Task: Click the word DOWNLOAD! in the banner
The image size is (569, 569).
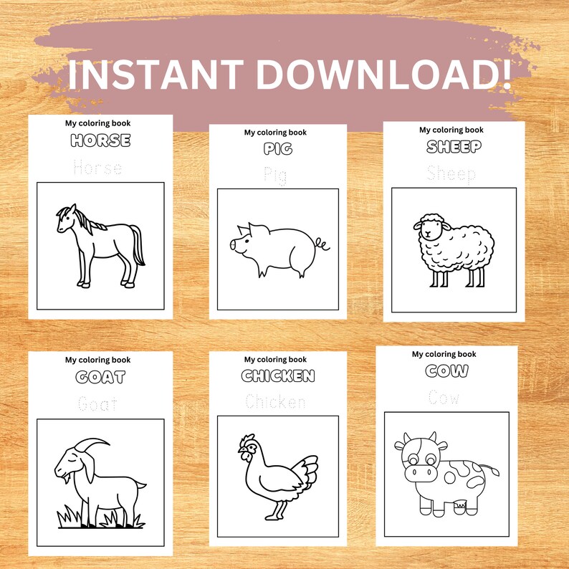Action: click(384, 75)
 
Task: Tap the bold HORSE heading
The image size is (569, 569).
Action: click(100, 140)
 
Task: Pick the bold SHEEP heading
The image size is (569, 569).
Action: click(454, 147)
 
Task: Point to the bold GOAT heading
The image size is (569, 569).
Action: click(100, 377)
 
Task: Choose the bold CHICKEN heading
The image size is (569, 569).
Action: click(278, 376)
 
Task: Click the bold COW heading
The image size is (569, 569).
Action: click(446, 371)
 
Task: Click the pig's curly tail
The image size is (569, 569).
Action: click(323, 246)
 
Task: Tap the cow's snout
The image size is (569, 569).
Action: click(419, 474)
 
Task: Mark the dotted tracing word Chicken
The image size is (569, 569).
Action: click(275, 402)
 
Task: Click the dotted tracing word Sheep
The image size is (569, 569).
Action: click(451, 173)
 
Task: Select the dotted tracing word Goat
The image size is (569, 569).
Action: click(100, 404)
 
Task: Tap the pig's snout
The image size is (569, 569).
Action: click(234, 245)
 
